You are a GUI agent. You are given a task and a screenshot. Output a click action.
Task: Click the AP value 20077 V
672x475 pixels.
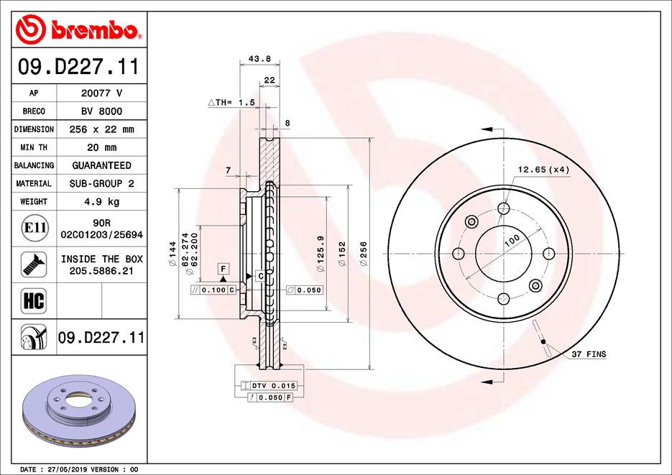[101, 93]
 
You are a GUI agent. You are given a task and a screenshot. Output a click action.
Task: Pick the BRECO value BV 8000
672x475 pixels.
[101, 111]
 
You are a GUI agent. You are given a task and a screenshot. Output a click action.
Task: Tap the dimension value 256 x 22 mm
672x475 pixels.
[101, 129]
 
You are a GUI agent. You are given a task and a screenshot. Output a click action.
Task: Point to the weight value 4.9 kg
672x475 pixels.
[101, 202]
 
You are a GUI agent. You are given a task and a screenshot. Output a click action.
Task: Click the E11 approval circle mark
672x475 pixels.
[35, 229]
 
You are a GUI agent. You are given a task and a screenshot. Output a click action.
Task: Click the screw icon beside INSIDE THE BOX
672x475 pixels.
[35, 264]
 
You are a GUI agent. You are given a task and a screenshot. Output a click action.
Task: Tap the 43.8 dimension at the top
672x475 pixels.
[254, 59]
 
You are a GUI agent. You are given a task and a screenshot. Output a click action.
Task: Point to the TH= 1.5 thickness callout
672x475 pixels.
[232, 103]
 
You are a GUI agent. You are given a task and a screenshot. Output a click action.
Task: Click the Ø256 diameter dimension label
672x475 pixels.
[364, 254]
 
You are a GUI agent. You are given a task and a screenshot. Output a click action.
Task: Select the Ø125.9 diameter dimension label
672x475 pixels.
[321, 253]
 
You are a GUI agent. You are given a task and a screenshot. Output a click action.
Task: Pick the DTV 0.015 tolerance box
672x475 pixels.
[269, 386]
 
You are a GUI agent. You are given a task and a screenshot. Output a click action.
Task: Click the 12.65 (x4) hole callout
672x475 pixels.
[543, 170]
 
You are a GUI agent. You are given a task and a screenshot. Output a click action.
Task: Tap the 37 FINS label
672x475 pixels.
[589, 354]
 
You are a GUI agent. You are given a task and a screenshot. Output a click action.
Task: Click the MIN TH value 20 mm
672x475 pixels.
[101, 147]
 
